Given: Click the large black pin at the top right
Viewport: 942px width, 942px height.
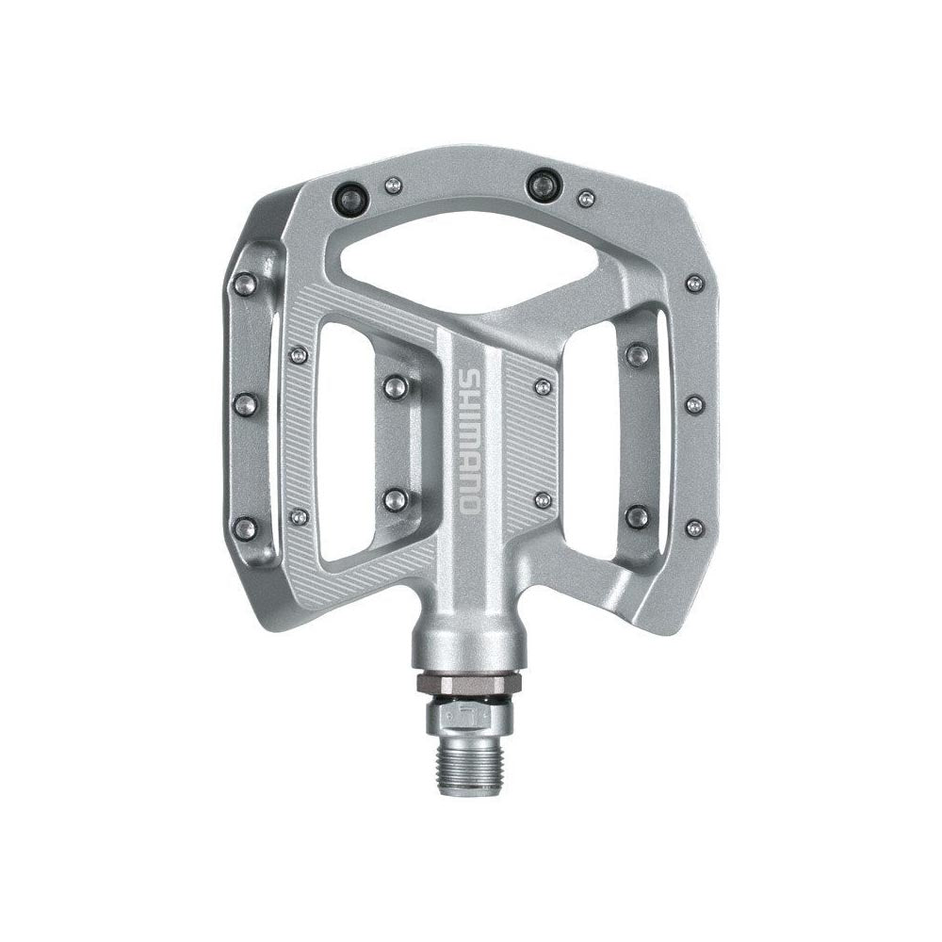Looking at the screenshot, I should coord(544,184).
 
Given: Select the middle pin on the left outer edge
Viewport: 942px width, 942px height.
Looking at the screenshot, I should coord(245,405).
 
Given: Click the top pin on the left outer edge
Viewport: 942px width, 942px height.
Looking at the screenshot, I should coord(245,283).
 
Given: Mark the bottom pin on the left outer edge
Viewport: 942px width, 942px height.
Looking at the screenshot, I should coord(245,528).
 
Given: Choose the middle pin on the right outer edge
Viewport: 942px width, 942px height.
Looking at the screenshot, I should coord(694,404).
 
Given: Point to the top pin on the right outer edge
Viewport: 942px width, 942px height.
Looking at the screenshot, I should coord(694,283).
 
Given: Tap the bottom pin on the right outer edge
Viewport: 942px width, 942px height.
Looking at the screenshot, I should coord(694,528).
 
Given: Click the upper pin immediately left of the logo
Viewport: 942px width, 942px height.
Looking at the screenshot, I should coord(396,385).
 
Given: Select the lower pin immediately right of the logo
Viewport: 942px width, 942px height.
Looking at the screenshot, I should coord(544,499).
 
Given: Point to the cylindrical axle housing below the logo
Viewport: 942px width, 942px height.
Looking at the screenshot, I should coord(468,641).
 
